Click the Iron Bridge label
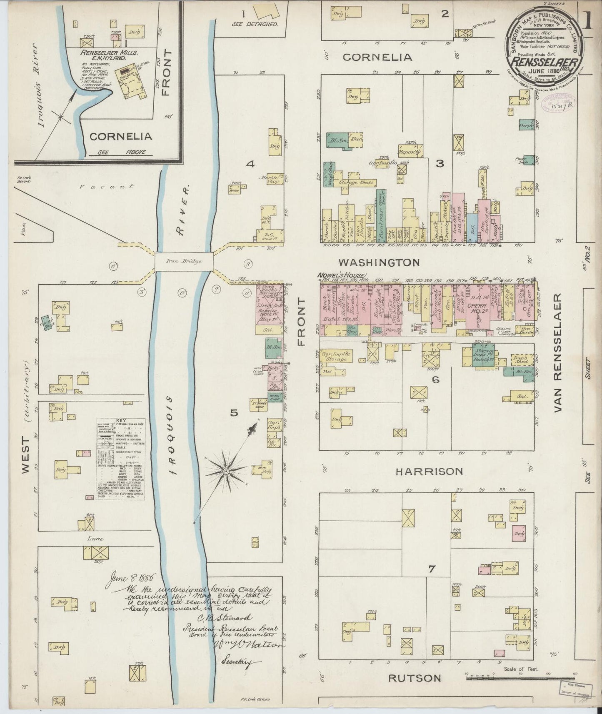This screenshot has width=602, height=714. pos(184,261)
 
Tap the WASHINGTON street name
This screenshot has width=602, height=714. pos(378,262)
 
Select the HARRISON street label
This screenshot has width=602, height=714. pos(429,471)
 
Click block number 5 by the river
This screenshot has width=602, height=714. pos(234,413)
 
